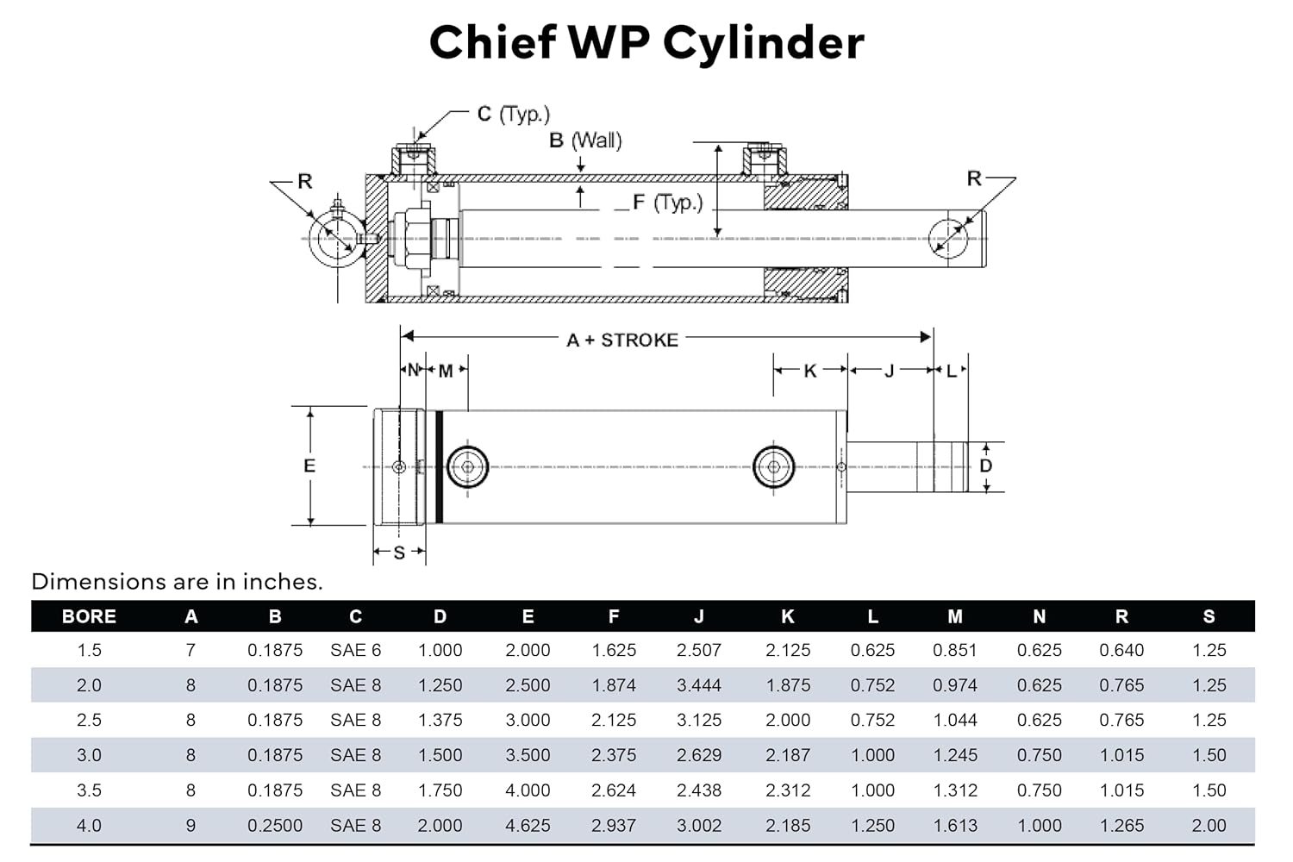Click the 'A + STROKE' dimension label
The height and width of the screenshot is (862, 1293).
622,340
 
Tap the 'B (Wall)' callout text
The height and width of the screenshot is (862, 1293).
585,140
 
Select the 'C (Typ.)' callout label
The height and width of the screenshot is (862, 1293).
513,114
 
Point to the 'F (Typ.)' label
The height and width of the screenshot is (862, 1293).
667,203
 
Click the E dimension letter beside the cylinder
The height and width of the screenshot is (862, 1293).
309,465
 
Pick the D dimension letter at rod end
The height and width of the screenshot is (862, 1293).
986,465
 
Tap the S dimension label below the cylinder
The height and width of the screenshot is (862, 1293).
399,553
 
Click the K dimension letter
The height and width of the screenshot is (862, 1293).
809,371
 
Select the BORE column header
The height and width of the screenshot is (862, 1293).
89,616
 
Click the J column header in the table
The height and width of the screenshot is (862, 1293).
699,616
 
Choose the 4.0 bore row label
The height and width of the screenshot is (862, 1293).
89,825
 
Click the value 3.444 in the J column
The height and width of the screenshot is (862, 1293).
699,685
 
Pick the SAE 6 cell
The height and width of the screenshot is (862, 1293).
355,650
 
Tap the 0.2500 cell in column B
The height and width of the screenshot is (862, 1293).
275,825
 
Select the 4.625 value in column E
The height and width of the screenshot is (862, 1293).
528,825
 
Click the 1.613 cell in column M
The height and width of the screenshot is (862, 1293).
955,825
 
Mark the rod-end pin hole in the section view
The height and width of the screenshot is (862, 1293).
948,235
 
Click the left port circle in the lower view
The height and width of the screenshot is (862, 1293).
467,467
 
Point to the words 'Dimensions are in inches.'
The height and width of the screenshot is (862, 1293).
177,582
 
